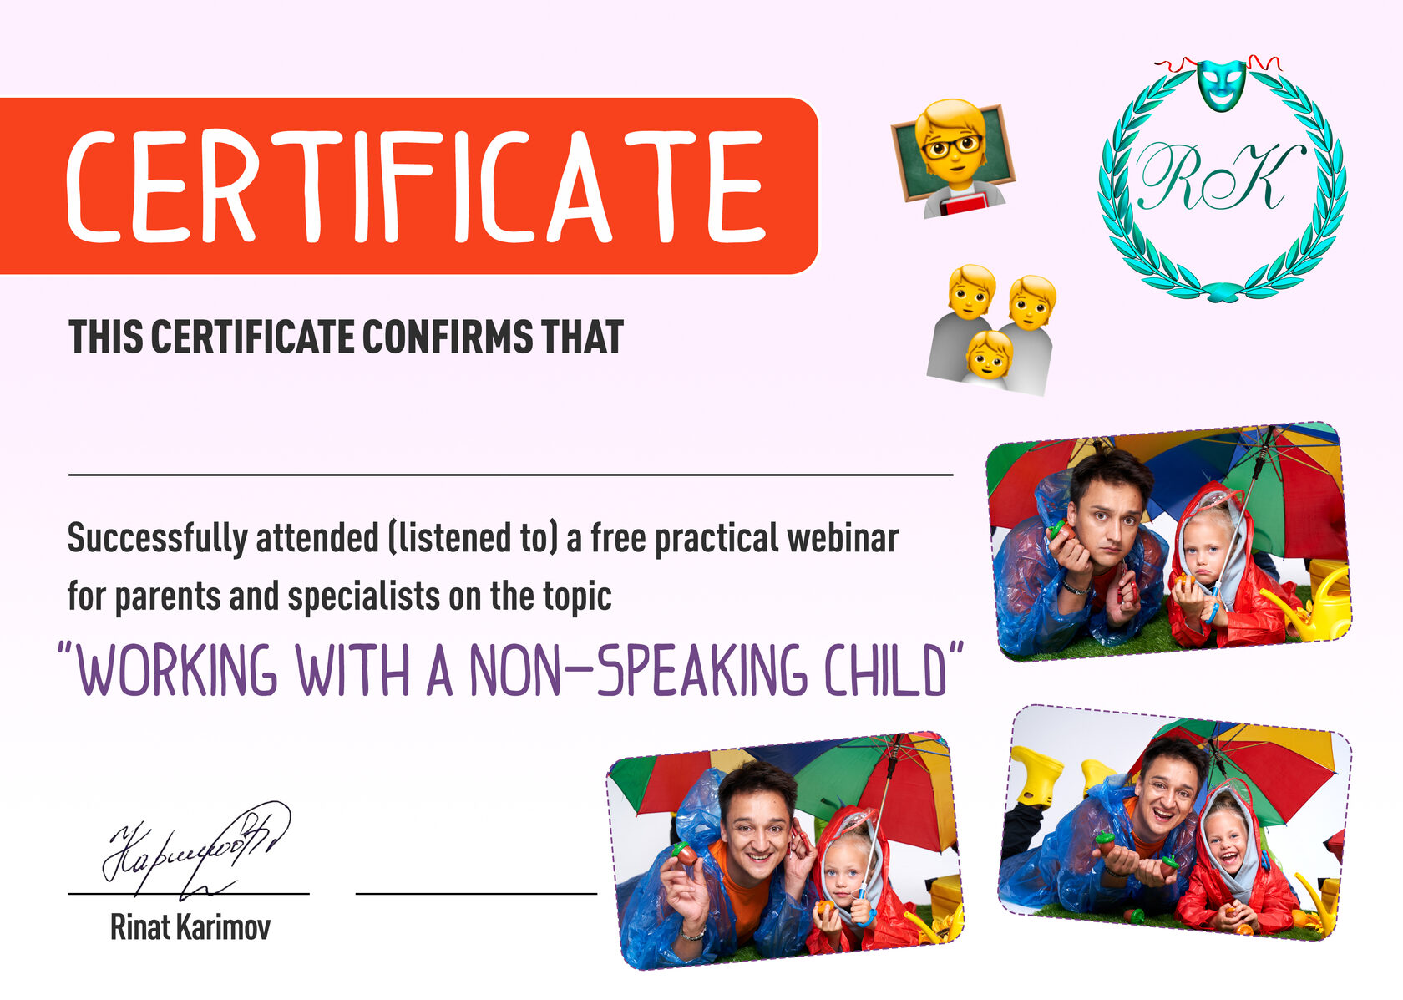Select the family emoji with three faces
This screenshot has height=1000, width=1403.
coord(991,329)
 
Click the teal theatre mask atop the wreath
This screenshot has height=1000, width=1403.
coord(1221,85)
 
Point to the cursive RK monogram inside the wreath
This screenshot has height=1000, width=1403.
coord(1220,177)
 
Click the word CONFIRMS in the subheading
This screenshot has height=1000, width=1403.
coord(448,337)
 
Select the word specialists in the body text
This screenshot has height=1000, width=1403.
coord(363,596)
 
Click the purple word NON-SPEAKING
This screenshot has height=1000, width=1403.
coord(638,670)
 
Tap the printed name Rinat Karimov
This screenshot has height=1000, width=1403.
coord(190,926)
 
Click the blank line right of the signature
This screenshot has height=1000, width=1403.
coord(476,894)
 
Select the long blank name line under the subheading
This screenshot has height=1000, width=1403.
coord(510,475)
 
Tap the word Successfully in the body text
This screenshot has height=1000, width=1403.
coord(158,539)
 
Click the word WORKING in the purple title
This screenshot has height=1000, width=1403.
coord(177,670)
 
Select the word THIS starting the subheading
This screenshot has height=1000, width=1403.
coord(106,337)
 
